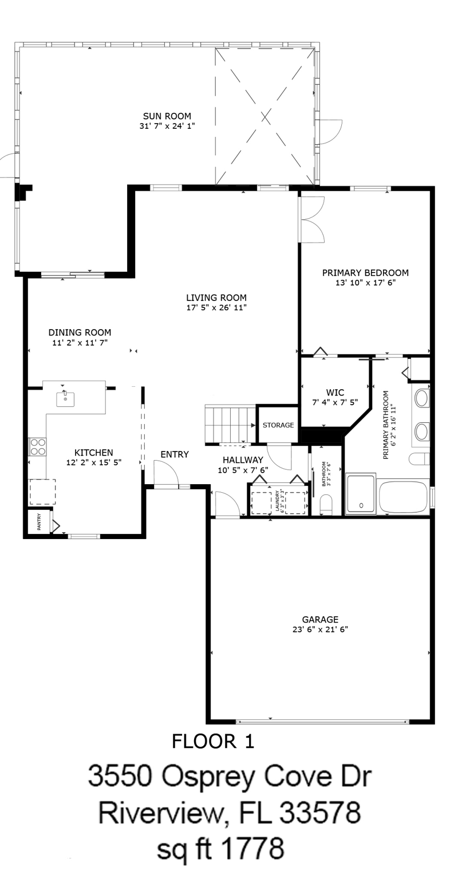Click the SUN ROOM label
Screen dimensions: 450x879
coord(167,116)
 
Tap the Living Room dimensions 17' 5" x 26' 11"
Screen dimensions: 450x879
coord(216,308)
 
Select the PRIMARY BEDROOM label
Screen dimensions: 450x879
coord(365,273)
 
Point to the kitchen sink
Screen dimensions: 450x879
coord(65,399)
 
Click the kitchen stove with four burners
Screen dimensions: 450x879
coord(37,446)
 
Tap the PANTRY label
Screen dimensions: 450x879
coord(39,522)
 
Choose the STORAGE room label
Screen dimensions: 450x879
coord(278,425)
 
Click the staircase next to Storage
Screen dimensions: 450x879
coord(230,424)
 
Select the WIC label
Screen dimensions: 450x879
coord(335,393)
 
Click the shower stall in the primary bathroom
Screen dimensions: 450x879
coord(361,494)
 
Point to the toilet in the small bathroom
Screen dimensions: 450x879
coord(326,504)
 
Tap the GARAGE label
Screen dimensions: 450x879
coord(320,620)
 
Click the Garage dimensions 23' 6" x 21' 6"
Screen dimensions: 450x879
coord(320,629)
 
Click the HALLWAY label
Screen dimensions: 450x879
coord(243,460)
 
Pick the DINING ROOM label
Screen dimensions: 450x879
coord(80,332)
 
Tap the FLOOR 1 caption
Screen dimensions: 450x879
coord(213,741)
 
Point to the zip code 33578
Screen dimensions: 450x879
coord(320,813)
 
